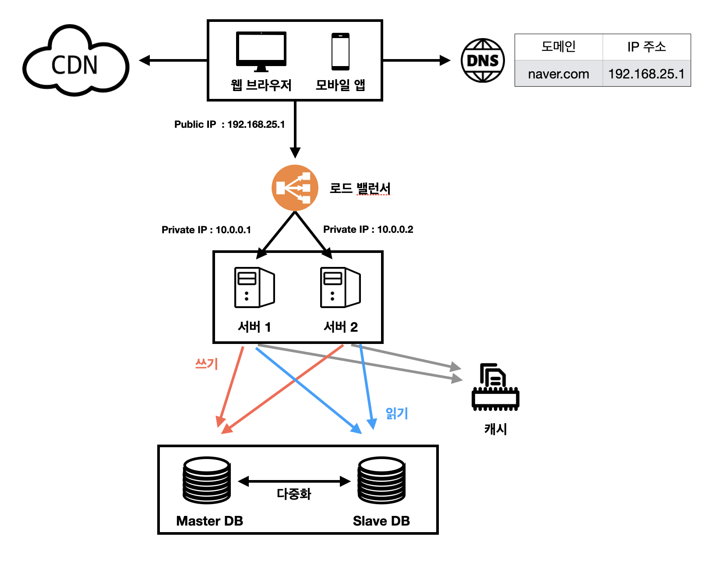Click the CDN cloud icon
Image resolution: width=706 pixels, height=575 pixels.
tap(76, 60)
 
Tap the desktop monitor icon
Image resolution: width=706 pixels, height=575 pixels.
tap(261, 52)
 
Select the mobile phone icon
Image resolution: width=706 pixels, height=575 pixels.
tap(340, 51)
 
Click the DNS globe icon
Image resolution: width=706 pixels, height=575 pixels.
tap(482, 60)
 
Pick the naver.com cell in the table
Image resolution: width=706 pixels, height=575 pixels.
tap(558, 74)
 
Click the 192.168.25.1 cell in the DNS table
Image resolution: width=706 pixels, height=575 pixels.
tap(646, 74)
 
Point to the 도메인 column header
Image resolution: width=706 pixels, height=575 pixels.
tap(558, 47)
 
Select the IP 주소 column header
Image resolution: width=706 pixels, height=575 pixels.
tap(646, 47)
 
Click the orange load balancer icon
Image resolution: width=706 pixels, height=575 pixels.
tap(295, 188)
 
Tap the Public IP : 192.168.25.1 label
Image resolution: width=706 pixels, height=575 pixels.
tap(229, 124)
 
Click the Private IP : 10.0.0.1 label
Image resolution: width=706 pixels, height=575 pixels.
tap(206, 230)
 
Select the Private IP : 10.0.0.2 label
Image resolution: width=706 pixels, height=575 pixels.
tap(368, 229)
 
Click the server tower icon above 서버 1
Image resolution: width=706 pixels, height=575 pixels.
tap(254, 287)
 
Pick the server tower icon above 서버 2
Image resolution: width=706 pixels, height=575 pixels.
tap(340, 287)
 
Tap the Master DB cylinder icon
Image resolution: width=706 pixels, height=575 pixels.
tap(206, 480)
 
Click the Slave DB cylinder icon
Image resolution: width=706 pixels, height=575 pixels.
tap(381, 480)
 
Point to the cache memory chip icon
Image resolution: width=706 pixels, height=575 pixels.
tap(495, 387)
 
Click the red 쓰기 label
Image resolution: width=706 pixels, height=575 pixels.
tap(206, 364)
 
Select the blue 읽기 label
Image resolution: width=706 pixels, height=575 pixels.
tap(396, 413)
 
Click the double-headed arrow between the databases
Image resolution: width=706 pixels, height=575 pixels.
tap(294, 481)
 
